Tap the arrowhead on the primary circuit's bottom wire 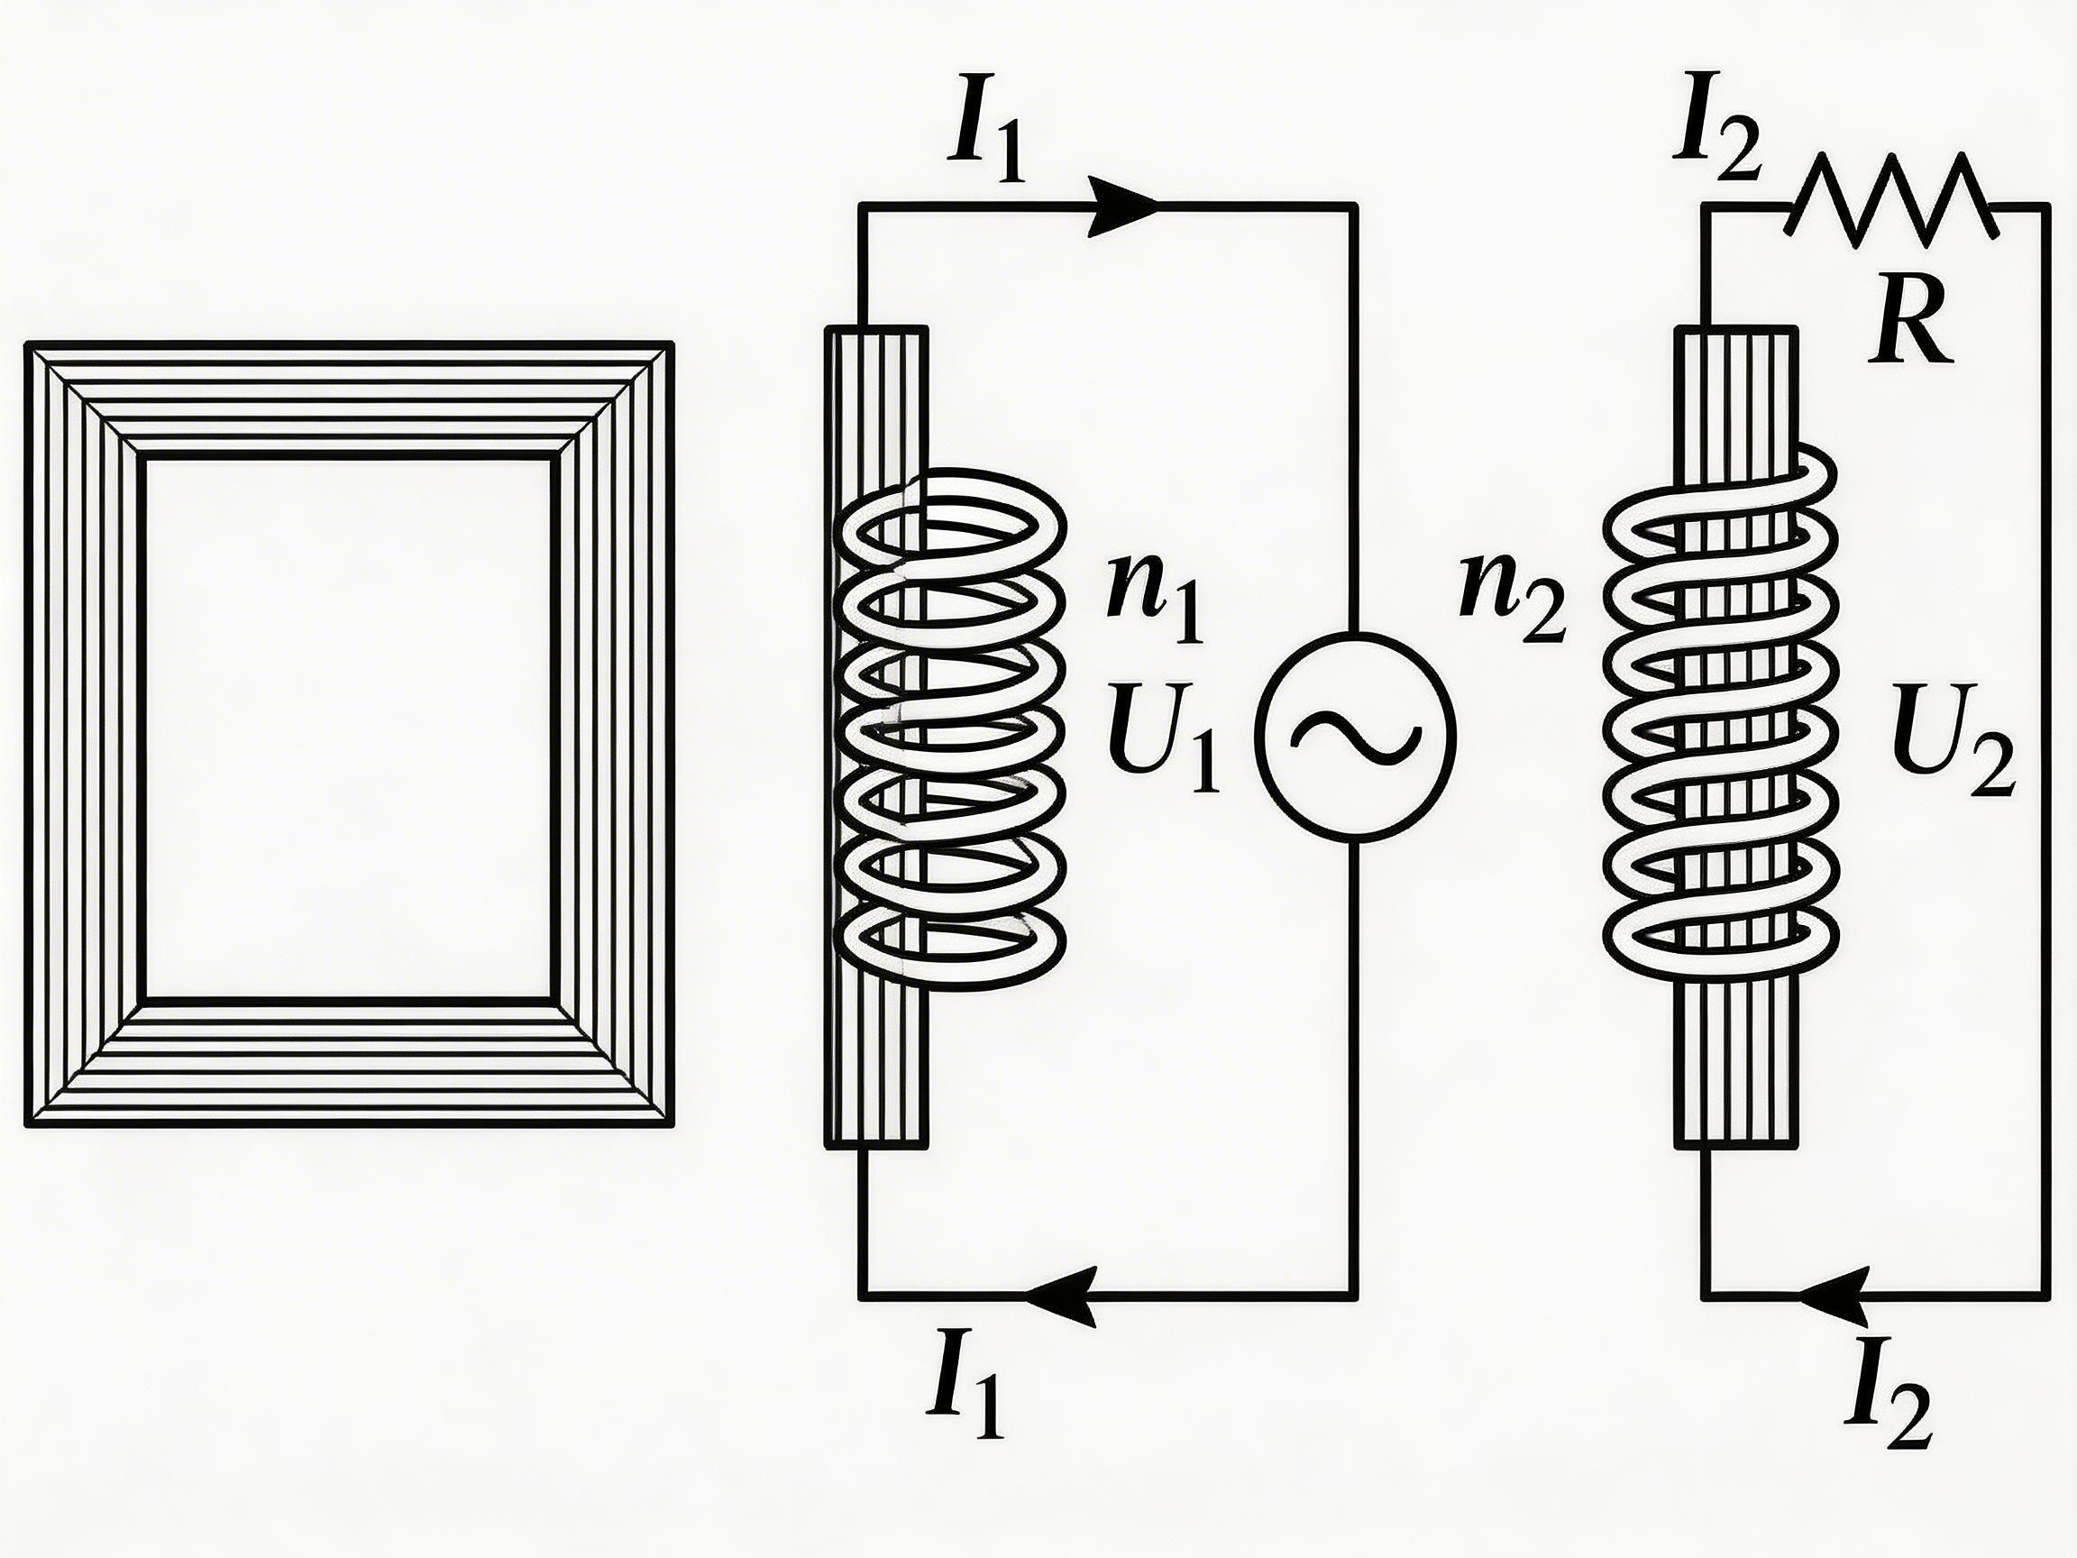click(1062, 1297)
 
